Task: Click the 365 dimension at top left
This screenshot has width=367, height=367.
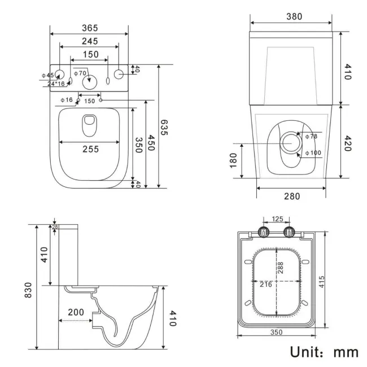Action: click(x=89, y=28)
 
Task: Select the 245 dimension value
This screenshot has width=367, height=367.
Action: click(x=89, y=41)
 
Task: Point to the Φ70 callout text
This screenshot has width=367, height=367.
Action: click(x=80, y=73)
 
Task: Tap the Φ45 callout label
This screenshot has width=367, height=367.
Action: click(x=47, y=75)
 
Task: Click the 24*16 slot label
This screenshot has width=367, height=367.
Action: click(x=56, y=84)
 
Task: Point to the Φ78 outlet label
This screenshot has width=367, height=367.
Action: click(x=311, y=137)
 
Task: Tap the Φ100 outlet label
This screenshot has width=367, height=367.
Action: click(x=313, y=152)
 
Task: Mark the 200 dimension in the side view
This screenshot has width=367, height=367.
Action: click(x=76, y=312)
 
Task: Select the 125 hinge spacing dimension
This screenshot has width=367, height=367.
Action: click(x=277, y=219)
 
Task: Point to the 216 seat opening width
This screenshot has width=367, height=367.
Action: click(x=265, y=284)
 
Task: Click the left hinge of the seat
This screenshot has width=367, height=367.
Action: click(x=263, y=231)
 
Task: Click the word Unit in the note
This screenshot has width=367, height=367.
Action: click(x=308, y=352)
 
